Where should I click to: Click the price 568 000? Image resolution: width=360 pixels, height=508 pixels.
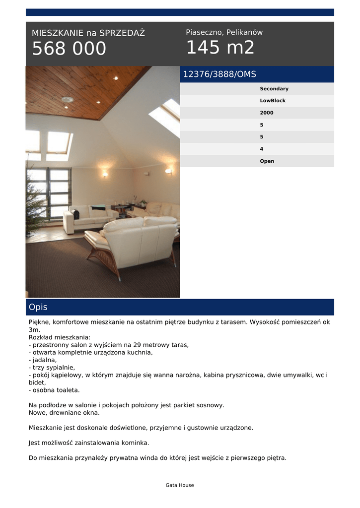click(x=69, y=49)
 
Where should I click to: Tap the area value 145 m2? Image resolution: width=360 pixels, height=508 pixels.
click(x=220, y=48)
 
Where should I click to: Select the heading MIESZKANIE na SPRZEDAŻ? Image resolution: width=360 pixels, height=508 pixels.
click(x=88, y=33)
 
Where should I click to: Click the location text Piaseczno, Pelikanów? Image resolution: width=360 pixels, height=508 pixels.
click(x=224, y=32)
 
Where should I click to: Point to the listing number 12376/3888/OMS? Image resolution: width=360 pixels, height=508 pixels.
click(x=219, y=74)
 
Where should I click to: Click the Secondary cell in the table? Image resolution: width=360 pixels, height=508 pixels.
click(x=274, y=89)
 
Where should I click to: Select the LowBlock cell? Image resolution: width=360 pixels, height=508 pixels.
click(x=273, y=101)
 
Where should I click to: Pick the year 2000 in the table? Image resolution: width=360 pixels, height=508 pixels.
click(x=267, y=113)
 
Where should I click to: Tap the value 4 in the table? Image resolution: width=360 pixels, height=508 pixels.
click(x=262, y=149)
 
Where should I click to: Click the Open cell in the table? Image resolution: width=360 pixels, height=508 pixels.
click(x=267, y=161)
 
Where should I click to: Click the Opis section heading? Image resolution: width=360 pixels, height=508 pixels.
click(x=38, y=307)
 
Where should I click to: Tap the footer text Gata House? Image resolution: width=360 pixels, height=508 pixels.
click(x=180, y=485)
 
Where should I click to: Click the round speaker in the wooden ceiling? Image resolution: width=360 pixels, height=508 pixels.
click(x=67, y=99)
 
